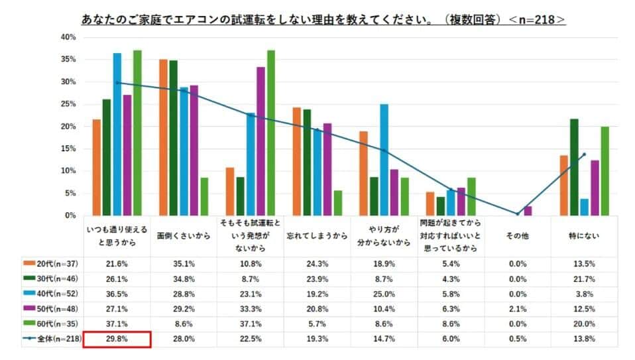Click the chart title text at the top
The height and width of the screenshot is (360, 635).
[323, 21]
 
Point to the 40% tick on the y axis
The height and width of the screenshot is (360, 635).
[68, 37]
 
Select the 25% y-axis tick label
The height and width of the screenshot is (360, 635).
[68, 104]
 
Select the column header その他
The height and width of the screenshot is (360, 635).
[518, 235]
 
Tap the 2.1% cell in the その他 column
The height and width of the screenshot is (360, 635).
[518, 309]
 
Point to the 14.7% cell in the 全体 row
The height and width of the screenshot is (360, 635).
[384, 339]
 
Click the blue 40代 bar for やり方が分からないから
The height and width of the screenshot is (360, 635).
[384, 160]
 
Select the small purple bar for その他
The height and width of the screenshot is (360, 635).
[528, 211]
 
